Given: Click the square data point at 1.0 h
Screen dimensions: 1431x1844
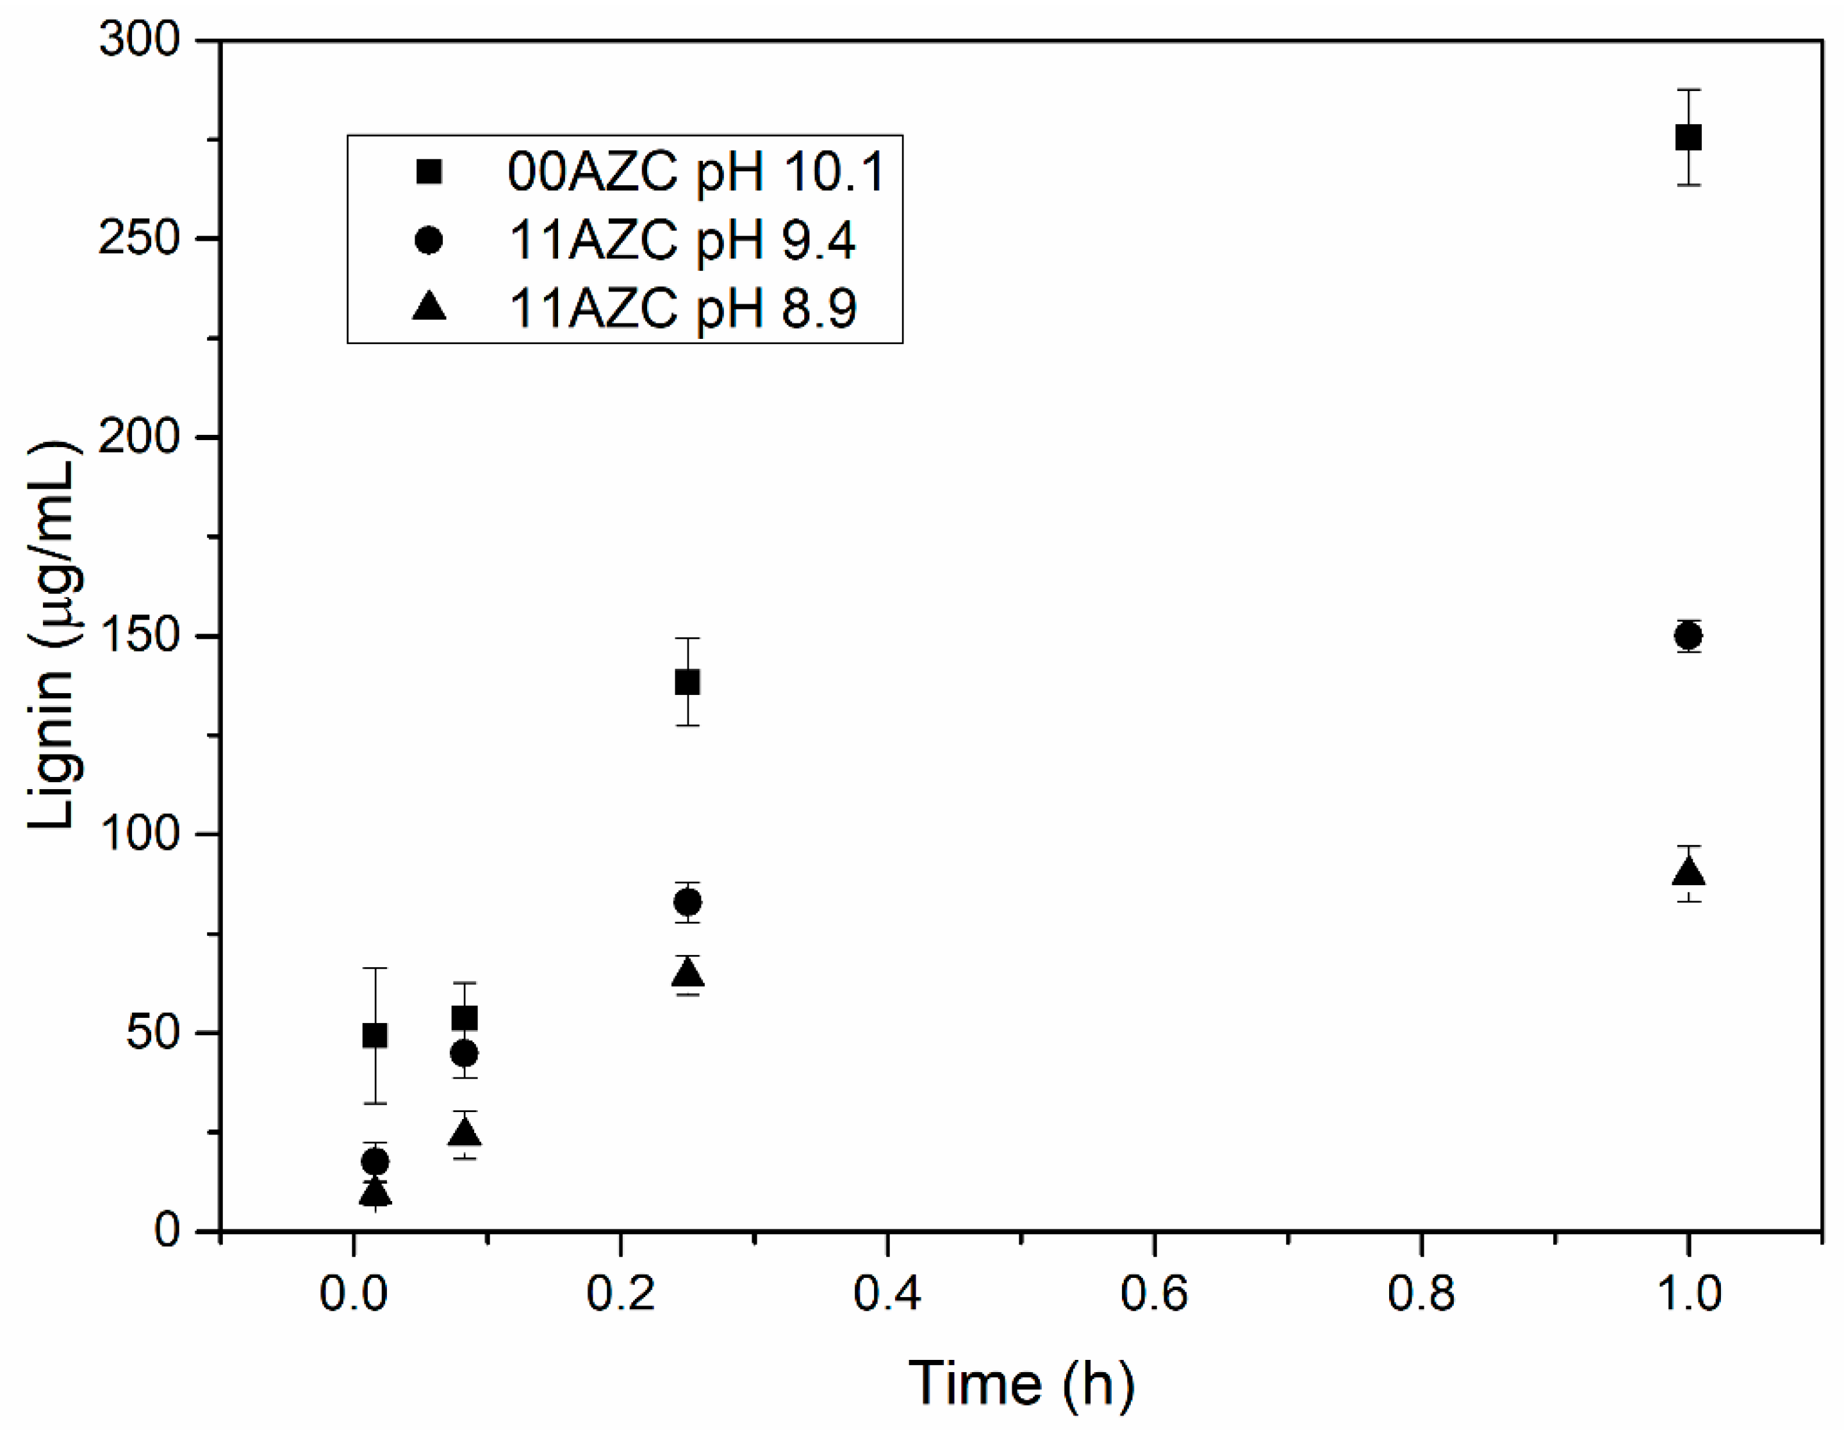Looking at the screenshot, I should pos(1687,137).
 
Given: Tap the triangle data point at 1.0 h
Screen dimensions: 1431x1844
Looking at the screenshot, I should pos(1687,871).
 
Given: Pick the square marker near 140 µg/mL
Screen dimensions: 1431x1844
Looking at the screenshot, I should pos(687,682).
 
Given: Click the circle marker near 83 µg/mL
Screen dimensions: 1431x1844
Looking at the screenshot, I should pos(687,903).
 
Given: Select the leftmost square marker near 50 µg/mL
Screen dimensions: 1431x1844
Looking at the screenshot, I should pos(375,1035).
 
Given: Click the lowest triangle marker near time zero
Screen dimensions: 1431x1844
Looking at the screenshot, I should pos(375,1192).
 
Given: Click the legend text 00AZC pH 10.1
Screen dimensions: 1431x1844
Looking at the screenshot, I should pos(695,172).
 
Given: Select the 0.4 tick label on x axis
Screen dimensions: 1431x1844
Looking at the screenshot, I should pos(887,1293).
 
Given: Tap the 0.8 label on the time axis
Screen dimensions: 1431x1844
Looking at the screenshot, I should pos(1421,1293).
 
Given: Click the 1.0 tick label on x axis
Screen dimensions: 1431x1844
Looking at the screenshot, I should pos(1688,1293).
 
